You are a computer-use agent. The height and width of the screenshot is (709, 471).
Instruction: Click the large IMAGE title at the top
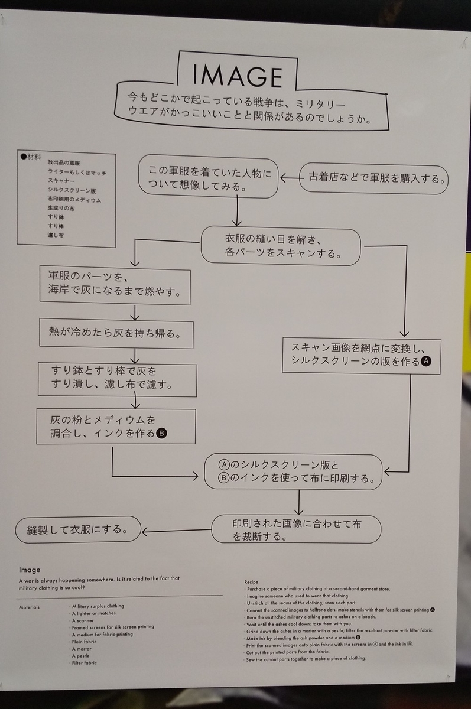pos(238,75)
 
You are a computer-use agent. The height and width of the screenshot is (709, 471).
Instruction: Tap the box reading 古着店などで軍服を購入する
pos(373,177)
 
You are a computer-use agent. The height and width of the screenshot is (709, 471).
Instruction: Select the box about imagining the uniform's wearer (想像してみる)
pos(209,178)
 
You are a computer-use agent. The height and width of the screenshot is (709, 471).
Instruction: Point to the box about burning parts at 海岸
pos(115,284)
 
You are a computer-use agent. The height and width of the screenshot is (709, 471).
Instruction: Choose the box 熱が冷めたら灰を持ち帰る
pos(116,333)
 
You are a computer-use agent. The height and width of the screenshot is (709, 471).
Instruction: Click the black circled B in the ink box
pos(162,434)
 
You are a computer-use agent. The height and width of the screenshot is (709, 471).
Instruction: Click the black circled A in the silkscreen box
pos(426,361)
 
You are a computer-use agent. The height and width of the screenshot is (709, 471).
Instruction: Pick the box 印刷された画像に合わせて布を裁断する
pos(297,529)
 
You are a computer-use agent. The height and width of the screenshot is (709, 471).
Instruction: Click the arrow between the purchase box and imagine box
pos(290,177)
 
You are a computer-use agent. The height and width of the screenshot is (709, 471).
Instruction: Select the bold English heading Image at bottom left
pos(30,570)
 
